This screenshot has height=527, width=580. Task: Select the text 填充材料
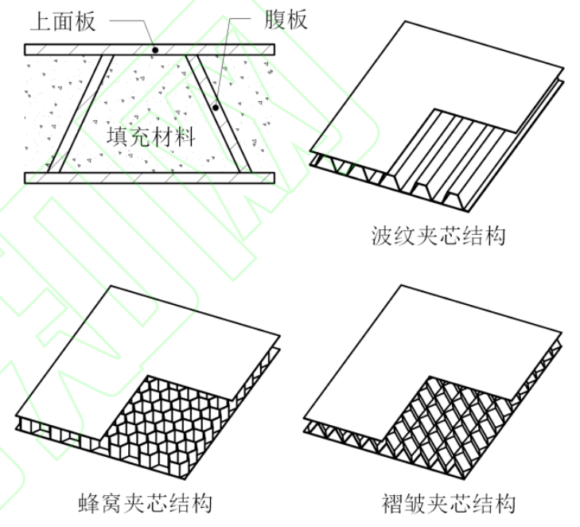pos(150,136)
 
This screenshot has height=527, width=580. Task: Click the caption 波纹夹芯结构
pos(438,236)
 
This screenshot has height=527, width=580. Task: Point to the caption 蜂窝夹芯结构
pos(146,503)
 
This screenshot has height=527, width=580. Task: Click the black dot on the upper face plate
pos(156,49)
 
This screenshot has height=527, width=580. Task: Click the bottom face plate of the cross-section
pos(149,178)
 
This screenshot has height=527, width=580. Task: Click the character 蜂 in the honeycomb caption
pos(91,503)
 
